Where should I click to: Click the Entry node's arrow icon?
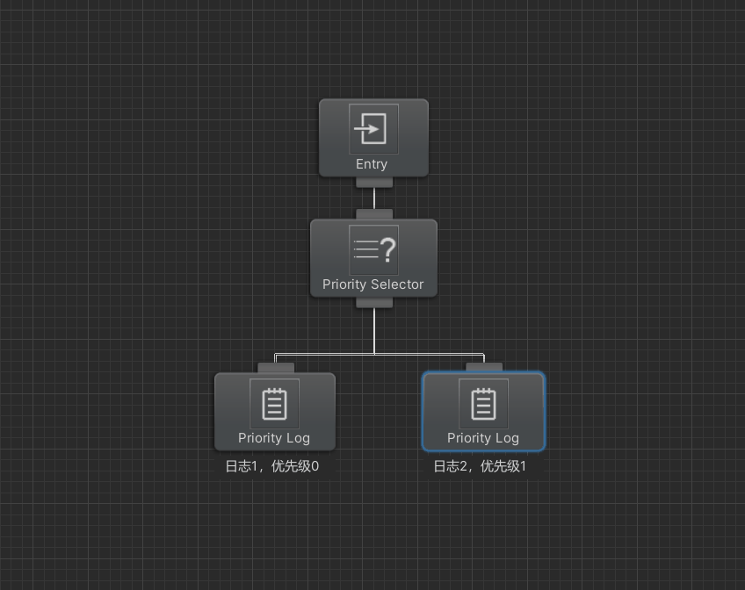click(x=373, y=129)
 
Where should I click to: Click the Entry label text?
click(x=372, y=164)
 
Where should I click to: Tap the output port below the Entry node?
click(x=374, y=183)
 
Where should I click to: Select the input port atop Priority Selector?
click(x=374, y=214)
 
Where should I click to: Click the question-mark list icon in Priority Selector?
click(x=373, y=249)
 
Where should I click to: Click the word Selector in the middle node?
click(x=397, y=284)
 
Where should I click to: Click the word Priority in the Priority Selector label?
click(x=344, y=284)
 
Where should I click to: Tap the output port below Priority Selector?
click(x=374, y=303)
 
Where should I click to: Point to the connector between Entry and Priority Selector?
click(x=374, y=198)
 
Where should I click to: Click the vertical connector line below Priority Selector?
click(x=374, y=331)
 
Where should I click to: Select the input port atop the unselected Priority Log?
click(x=276, y=368)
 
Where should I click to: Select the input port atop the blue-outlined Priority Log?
click(x=484, y=367)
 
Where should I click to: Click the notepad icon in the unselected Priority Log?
click(x=275, y=404)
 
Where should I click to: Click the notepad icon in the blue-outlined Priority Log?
click(x=484, y=404)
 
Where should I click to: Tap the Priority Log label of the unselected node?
click(x=274, y=438)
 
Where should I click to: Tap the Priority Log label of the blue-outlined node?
click(x=483, y=438)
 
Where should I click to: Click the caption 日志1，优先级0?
click(x=272, y=466)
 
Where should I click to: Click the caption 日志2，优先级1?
click(x=480, y=466)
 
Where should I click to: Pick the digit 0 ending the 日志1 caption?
click(x=315, y=466)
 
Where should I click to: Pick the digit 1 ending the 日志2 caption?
click(x=523, y=466)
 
